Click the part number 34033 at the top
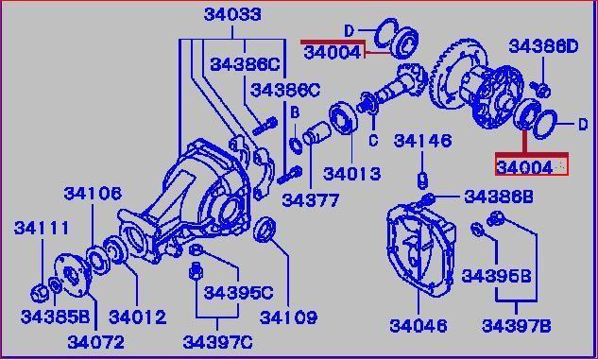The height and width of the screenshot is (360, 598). tap(232, 15)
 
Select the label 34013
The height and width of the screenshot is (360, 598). tap(352, 174)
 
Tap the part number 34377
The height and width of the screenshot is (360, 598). tap(311, 200)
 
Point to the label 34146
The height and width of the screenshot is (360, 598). tap(422, 141)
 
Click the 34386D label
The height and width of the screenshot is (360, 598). tap(543, 46)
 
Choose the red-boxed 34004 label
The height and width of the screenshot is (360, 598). tap(524, 167)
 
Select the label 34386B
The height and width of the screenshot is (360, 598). tap(499, 197)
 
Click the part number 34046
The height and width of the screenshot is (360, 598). tap(419, 325)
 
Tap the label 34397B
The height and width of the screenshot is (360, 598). tap(517, 326)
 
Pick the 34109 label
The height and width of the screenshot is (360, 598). tap(288, 317)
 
